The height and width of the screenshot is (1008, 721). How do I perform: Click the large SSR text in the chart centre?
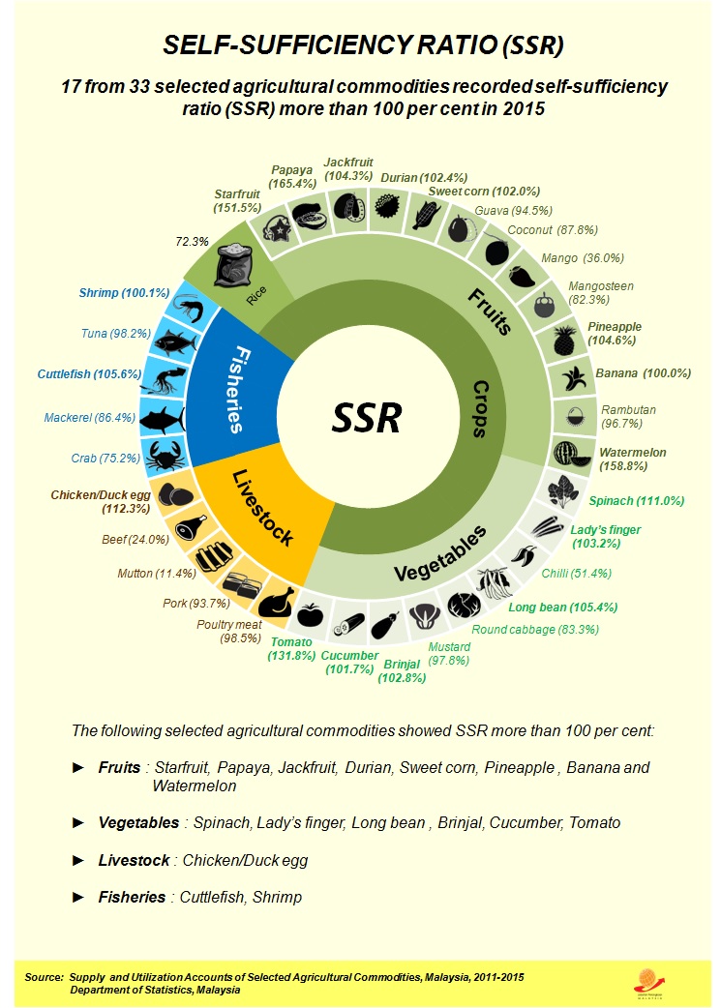pyautogui.click(x=366, y=418)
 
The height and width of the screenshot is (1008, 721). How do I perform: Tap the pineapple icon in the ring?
pyautogui.click(x=564, y=341)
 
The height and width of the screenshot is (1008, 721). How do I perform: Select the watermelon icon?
pyautogui.click(x=566, y=453)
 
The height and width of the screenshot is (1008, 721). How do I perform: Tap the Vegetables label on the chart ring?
pyautogui.click(x=440, y=555)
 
